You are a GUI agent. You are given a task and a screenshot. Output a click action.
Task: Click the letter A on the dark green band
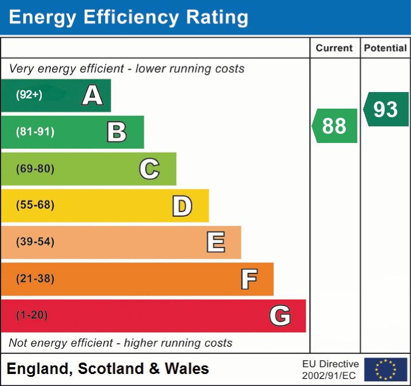pyautogui.click(x=93, y=95)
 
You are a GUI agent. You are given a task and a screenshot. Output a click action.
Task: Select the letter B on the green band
pyautogui.click(x=117, y=132)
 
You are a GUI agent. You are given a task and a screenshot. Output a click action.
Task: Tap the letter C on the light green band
pyautogui.click(x=149, y=169)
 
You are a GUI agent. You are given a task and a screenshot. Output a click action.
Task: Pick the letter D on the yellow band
pyautogui.click(x=182, y=206)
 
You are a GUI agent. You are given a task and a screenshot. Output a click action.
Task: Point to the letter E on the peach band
pyautogui.click(x=216, y=242)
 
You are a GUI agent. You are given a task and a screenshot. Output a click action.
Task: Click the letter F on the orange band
pyautogui.click(x=249, y=280)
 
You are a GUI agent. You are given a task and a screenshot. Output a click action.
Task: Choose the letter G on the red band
pyautogui.click(x=280, y=316)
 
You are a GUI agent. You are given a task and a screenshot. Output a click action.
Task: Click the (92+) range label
pyautogui.click(x=29, y=95)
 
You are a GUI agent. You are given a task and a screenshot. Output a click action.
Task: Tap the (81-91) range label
pyautogui.click(x=35, y=132)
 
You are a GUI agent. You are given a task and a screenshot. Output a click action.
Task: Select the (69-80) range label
pyautogui.click(x=35, y=169)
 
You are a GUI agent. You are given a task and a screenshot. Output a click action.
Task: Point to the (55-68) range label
pyautogui.click(x=35, y=205)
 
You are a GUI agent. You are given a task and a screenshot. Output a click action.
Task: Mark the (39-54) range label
pyautogui.click(x=35, y=242)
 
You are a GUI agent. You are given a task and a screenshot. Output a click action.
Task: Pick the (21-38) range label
pyautogui.click(x=35, y=279)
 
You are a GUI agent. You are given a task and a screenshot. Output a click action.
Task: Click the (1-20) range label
pyautogui.click(x=32, y=316)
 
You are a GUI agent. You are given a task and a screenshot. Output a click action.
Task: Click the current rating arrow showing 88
pyautogui.click(x=335, y=126)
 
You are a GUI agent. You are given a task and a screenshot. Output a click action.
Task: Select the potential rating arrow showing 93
pyautogui.click(x=386, y=109)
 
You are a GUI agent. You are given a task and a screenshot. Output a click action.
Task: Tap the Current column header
pyautogui.click(x=334, y=49)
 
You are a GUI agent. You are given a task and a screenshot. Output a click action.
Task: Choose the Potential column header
pyautogui.click(x=385, y=49)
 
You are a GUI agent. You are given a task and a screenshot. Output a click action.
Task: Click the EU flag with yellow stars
pyautogui.click(x=385, y=369)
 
